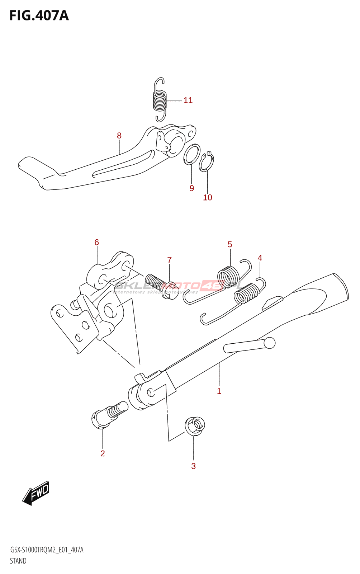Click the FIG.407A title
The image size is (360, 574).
click(x=39, y=16)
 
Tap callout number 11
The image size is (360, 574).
click(x=188, y=100)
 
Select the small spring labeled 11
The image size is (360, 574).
click(x=160, y=99)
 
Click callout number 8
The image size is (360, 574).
click(x=119, y=136)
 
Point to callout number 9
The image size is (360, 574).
click(x=192, y=188)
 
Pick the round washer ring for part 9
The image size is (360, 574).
click(x=192, y=154)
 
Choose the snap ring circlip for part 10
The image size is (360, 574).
click(x=207, y=162)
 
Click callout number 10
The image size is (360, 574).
click(x=208, y=198)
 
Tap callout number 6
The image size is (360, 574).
click(x=96, y=243)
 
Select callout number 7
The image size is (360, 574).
click(x=169, y=260)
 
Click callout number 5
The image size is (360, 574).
click(x=230, y=245)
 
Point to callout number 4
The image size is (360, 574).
click(x=260, y=258)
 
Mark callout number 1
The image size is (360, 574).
click(x=219, y=391)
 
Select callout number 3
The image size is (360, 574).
click(x=193, y=466)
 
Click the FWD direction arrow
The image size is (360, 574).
click(x=36, y=493)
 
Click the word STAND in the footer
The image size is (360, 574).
click(x=18, y=561)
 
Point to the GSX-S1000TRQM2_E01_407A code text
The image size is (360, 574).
click(x=47, y=550)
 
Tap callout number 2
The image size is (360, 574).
click(x=103, y=453)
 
